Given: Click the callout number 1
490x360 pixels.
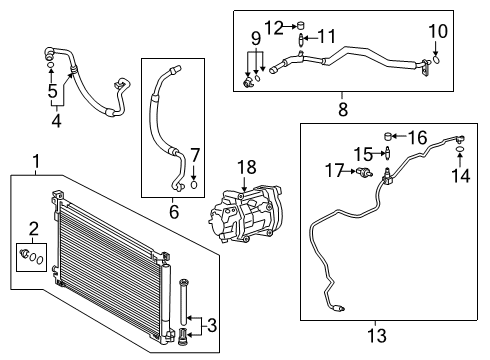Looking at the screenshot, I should pos(37,160).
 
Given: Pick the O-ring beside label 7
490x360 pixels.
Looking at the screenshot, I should pos(194,184).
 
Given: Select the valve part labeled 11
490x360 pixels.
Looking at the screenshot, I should pos(302,40).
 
